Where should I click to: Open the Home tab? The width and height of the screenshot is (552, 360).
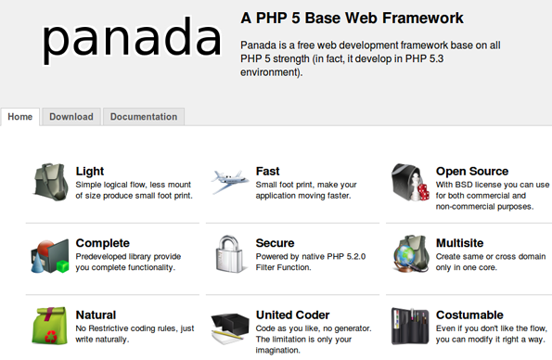[20, 117]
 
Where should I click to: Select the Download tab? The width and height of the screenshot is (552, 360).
[71, 117]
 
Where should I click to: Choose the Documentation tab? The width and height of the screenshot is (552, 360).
[144, 117]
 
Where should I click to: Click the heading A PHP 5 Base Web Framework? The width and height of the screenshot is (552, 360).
[352, 18]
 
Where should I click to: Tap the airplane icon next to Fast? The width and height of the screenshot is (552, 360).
[229, 181]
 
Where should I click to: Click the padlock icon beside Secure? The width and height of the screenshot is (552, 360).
[229, 252]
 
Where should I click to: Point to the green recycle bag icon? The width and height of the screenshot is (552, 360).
[50, 325]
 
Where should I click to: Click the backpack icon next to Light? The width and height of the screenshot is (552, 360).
[50, 181]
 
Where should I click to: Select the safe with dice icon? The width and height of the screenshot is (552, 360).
[409, 181]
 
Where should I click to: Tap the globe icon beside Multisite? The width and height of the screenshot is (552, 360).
[409, 252]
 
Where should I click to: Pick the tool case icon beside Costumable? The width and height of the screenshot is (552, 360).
[409, 325]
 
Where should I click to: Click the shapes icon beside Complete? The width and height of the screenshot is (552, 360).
[50, 253]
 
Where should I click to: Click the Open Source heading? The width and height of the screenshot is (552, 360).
[471, 171]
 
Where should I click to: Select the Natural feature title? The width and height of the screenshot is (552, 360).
[96, 315]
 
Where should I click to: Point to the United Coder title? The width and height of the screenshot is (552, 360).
[292, 315]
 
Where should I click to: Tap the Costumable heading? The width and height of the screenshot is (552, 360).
[469, 315]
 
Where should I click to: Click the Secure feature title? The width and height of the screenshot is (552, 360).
[275, 243]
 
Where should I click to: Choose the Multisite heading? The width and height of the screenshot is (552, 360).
[459, 243]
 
